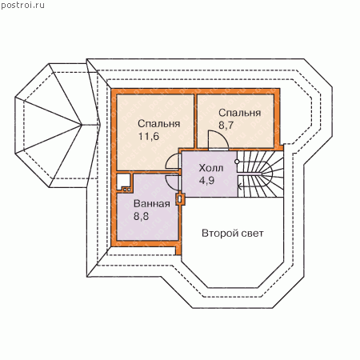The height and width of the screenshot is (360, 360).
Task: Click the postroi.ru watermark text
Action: click(22, 6)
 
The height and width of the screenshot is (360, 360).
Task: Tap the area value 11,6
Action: click(149, 136)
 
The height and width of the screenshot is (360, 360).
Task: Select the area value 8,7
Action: click(226, 125)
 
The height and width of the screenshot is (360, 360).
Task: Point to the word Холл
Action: click(211, 168)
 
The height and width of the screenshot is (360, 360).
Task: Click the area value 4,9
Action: click(206, 181)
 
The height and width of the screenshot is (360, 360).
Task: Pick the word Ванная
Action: click(152, 204)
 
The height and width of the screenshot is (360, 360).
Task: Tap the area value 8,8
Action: click(141, 216)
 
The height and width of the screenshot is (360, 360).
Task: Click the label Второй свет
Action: click(233, 234)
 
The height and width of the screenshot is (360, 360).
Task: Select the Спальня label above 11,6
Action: click(159, 124)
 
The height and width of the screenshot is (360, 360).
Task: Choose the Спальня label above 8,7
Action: click(239, 113)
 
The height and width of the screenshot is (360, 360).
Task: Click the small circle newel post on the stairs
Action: click(237, 162)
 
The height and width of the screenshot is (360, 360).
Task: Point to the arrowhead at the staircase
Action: click(240, 187)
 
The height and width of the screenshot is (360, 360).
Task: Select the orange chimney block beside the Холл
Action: click(180, 198)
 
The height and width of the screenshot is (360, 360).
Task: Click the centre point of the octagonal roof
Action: click(82, 125)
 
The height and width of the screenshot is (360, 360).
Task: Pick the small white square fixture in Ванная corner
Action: click(123, 181)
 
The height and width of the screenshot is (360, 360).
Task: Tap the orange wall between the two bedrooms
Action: click(195, 121)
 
